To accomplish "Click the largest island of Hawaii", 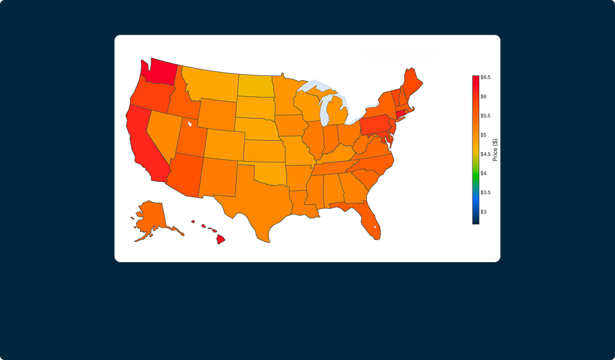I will click(221, 240).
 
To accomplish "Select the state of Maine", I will click(411, 81).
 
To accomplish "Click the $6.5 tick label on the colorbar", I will click(485, 77).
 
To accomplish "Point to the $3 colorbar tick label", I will click(483, 212).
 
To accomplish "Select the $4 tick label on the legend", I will click(483, 173).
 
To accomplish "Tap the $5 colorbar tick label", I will click(483, 135).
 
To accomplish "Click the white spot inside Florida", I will click(374, 227).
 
